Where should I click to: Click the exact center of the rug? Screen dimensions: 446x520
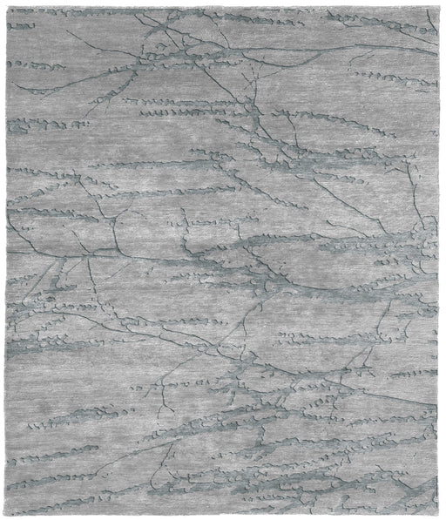(223, 260)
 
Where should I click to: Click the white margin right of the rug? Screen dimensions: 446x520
(443, 261)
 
